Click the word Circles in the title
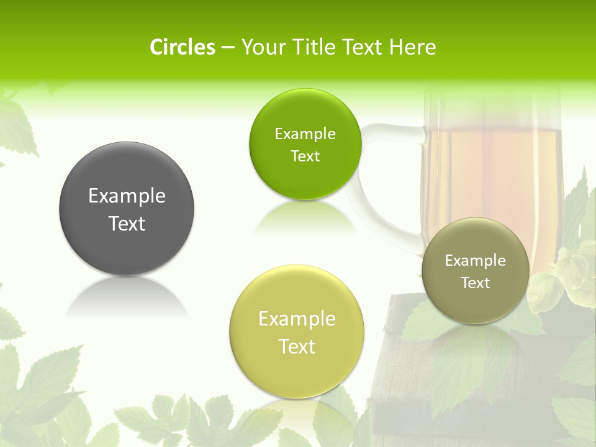click(x=183, y=47)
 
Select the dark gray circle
click(x=127, y=209)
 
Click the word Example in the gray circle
click(x=127, y=196)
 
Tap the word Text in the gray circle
click(x=127, y=223)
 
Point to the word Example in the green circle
click(x=305, y=134)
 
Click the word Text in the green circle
click(x=305, y=156)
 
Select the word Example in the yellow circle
click(x=297, y=319)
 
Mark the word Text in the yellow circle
click(x=297, y=346)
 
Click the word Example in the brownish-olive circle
click(x=475, y=261)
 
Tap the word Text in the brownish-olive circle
click(x=475, y=283)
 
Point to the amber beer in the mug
click(x=490, y=174)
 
